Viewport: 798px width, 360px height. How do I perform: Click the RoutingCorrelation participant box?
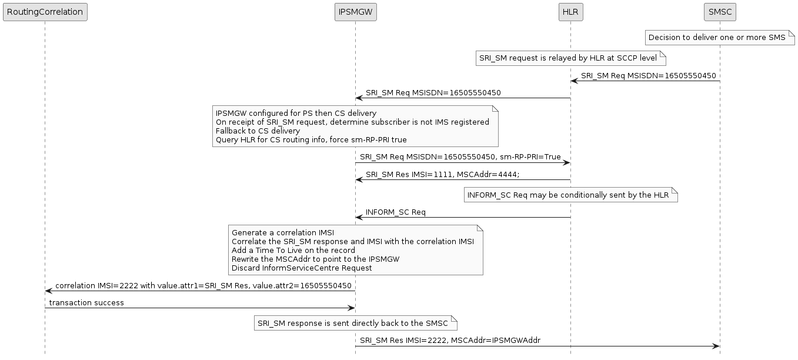(x=45, y=12)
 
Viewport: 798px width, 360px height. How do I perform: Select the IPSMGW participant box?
(x=355, y=12)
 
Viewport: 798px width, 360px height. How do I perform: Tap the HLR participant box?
(x=570, y=12)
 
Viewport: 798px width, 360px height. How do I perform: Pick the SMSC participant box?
(x=720, y=12)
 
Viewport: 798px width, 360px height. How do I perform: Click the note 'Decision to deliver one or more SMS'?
(x=717, y=38)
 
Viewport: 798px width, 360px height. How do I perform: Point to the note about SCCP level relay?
(x=567, y=58)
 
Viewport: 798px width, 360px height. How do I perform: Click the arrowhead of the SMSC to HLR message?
(x=574, y=81)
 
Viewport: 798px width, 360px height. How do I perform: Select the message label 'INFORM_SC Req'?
(x=395, y=212)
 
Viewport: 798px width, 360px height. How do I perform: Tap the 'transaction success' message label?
(x=86, y=302)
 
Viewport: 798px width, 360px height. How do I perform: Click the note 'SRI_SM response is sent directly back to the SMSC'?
(x=352, y=323)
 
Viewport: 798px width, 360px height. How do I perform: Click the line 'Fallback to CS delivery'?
(x=258, y=131)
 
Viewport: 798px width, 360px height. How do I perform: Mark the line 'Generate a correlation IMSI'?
(x=283, y=233)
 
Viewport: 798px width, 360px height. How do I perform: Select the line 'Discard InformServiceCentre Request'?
(x=302, y=268)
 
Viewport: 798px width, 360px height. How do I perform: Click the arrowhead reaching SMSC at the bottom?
(x=716, y=346)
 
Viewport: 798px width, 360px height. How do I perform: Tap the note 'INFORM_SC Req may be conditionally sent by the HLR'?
(x=568, y=195)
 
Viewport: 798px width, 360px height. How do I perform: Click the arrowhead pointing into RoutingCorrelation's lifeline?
(x=49, y=291)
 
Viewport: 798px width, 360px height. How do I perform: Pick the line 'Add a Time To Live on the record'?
(x=293, y=250)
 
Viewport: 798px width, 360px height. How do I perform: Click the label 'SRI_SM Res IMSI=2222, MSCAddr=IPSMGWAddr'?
(x=450, y=340)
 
